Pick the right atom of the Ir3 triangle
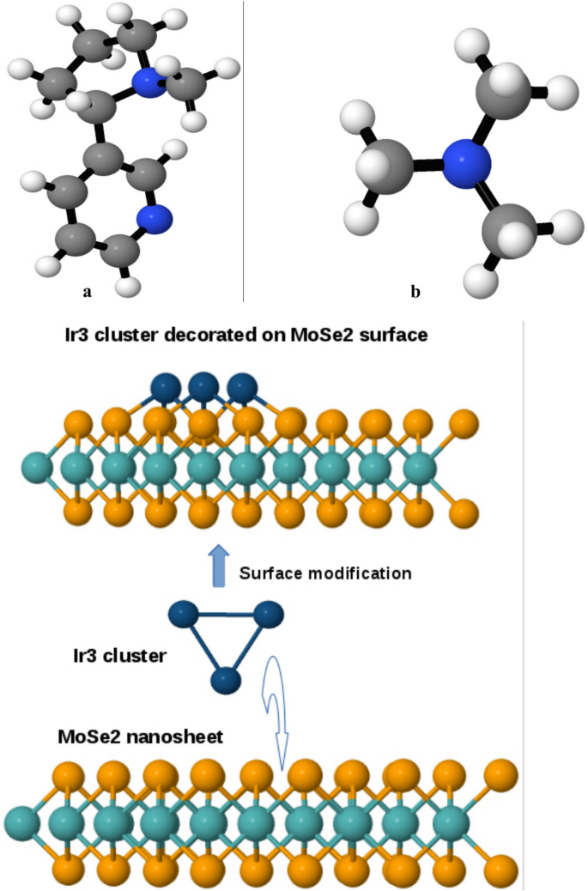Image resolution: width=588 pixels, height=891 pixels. tap(268, 615)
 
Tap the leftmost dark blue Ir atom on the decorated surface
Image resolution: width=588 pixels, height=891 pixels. tap(165, 386)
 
